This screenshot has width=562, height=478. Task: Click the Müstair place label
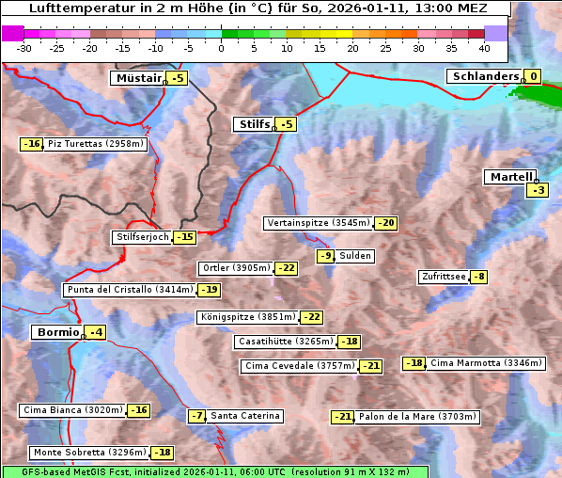pos(137,78)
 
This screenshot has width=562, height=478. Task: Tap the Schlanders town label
pos(483,76)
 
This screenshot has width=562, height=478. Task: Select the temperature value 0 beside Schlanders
pos(533,77)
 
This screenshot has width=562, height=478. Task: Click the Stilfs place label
pos(252,124)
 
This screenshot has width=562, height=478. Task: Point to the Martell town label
pos(509,177)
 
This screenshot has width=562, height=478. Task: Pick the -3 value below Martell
pos(537,191)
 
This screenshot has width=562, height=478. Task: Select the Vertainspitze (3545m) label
pos(318,223)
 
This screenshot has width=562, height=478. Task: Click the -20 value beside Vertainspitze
pos(385,223)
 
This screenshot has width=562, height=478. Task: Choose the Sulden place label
pos(355,256)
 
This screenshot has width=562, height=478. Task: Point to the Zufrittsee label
pos(443,277)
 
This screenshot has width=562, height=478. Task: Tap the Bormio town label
pos(56,332)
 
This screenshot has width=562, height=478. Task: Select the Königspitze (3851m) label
pos(247,317)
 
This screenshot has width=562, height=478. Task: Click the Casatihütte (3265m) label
pos(285,342)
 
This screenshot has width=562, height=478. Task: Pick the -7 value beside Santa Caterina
pos(197,416)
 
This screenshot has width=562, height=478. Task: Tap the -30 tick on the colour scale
pos(24,47)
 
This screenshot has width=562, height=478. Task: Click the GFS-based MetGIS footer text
pos(215,471)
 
